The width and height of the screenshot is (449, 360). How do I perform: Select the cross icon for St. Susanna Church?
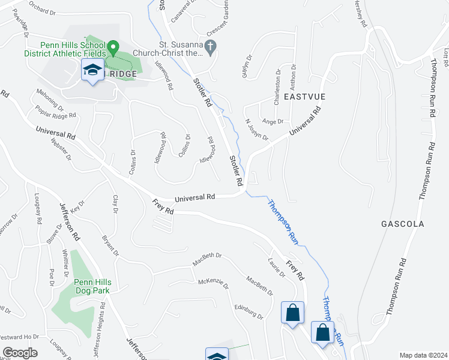210,47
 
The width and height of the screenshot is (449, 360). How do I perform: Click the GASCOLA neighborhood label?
402,224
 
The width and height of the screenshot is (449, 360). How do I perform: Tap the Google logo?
20,353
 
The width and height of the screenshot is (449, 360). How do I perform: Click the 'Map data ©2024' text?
423,355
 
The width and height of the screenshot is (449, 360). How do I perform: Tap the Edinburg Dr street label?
249,311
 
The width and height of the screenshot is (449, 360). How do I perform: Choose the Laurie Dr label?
275,266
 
